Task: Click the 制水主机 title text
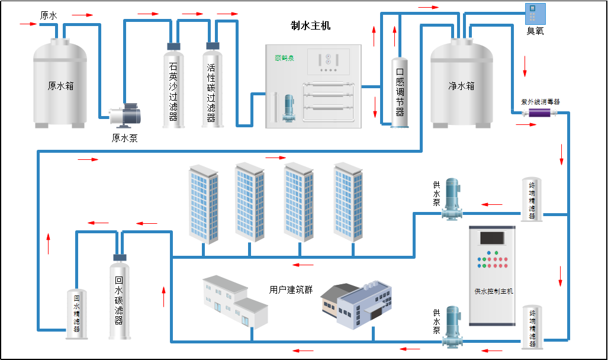tap(311, 25)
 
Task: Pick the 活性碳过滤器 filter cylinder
tap(212, 86)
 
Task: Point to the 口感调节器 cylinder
tap(400, 92)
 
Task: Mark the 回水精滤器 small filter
tap(76, 314)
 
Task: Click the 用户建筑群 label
tap(291, 290)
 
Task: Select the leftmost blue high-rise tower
tap(203, 204)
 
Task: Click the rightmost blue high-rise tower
tap(348, 201)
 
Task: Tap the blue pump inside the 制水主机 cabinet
tap(290, 109)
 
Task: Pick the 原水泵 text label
tap(125, 138)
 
